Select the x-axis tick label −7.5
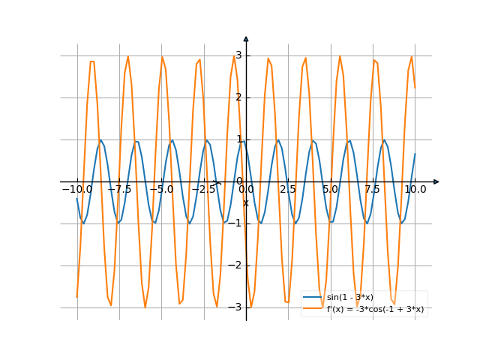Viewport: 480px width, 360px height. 119,190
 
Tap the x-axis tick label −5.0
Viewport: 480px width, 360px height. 161,190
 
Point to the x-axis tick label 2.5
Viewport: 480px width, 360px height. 288,190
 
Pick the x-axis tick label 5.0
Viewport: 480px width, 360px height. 330,190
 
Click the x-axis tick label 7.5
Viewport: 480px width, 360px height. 373,190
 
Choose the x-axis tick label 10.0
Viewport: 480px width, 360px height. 415,190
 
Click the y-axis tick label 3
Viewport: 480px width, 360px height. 238,55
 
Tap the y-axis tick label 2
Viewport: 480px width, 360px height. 238,97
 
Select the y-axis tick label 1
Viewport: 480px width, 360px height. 238,139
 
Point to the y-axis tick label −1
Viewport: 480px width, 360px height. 236,223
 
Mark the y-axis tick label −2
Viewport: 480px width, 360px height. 236,265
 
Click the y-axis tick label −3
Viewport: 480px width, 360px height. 236,307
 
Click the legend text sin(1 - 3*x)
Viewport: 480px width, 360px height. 349,298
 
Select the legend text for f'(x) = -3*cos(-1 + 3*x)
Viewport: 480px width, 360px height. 375,309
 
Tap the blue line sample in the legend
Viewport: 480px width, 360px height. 313,298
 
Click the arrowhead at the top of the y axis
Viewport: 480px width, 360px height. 246,39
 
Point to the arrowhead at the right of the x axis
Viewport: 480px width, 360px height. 436,181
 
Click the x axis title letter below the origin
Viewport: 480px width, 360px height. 245,202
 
